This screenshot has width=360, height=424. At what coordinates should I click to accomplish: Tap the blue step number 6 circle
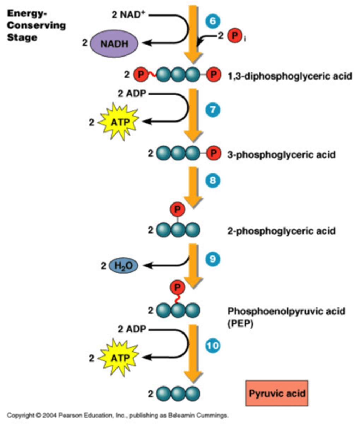coord(212,21)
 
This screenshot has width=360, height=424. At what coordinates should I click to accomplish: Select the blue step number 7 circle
coord(212,110)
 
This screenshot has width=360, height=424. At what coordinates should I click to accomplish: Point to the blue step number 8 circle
coord(212,181)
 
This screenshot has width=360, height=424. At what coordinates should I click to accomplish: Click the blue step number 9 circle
coord(212,259)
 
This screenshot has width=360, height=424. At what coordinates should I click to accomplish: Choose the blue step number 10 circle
coord(212,345)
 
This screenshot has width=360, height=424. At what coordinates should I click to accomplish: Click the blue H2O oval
coord(123,266)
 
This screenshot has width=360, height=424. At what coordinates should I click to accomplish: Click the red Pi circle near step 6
coord(234,36)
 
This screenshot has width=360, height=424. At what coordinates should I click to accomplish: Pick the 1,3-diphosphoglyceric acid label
coord(290,76)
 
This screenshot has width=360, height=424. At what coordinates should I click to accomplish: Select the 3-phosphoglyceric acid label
coord(281,154)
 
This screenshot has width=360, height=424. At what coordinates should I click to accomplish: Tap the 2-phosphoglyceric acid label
coord(281,231)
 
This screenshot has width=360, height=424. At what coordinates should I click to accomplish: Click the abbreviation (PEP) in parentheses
coord(240,324)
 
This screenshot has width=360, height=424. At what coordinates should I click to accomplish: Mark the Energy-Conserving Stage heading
coord(36,25)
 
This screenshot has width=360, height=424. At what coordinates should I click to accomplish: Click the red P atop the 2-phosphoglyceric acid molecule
coord(178,210)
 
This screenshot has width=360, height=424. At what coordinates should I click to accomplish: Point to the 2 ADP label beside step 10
coord(132,329)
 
